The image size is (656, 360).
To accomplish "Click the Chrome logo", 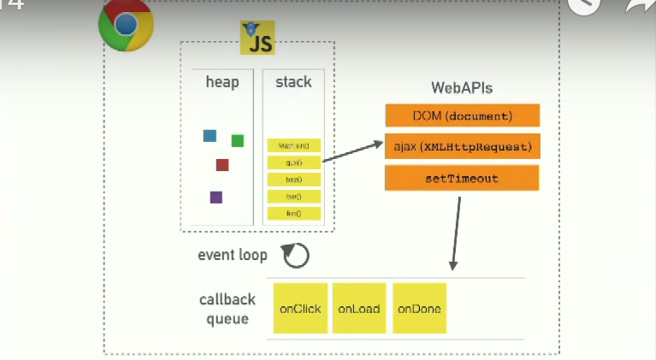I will click(126, 25).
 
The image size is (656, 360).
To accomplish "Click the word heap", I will click(222, 83).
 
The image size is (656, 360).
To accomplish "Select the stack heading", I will click(293, 83).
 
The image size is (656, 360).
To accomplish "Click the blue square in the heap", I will click(210, 135).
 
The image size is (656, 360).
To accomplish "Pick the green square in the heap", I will click(238, 140).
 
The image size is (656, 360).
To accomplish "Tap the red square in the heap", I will click(222, 165).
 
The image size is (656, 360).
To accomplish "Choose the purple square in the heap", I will click(216, 197).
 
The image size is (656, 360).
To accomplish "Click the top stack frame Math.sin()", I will click(293, 145).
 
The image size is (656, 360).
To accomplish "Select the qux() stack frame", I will click(293, 162).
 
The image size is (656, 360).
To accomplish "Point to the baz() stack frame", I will click(293, 179).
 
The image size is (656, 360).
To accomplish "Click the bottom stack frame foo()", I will click(293, 213).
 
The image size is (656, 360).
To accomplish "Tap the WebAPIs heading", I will click(462, 88).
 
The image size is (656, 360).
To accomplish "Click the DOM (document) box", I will click(463, 115).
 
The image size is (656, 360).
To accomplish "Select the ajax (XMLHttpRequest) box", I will click(463, 146).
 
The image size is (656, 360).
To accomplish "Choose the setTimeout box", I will click(463, 178).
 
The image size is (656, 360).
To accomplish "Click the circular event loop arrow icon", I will click(296, 255).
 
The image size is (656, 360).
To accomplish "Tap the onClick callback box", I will click(299, 309).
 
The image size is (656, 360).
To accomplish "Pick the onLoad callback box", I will click(358, 309).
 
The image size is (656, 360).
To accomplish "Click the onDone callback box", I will click(419, 309).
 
